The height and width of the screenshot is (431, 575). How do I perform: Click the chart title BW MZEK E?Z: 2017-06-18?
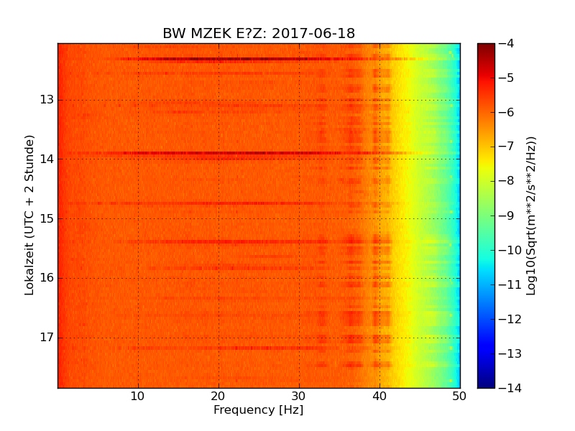click(x=259, y=34)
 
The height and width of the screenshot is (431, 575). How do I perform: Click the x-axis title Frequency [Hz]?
click(x=258, y=410)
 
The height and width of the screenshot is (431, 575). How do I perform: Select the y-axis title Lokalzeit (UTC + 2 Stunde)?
click(x=29, y=215)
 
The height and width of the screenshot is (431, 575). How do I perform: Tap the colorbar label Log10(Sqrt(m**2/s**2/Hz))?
click(x=531, y=215)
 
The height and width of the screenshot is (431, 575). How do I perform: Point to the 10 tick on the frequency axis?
click(x=138, y=396)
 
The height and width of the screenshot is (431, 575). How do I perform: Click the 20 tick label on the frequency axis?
click(x=218, y=396)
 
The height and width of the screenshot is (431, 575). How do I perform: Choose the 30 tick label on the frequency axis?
click(x=299, y=396)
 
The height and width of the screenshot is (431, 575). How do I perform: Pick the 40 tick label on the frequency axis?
click(x=379, y=396)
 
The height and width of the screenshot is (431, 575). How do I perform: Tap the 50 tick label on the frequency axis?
click(x=459, y=396)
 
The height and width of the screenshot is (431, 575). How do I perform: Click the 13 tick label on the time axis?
click(x=47, y=100)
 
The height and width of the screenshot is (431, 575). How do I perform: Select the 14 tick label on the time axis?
click(x=47, y=159)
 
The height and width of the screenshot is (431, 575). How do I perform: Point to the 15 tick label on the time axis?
click(x=47, y=218)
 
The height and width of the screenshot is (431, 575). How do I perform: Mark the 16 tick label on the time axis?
click(x=47, y=278)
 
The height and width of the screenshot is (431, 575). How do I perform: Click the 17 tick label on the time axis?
click(x=47, y=337)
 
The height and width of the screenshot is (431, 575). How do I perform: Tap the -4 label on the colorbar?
click(x=507, y=43)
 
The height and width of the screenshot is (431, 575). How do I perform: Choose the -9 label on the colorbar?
click(x=507, y=215)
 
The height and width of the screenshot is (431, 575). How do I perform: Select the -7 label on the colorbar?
click(x=507, y=147)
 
